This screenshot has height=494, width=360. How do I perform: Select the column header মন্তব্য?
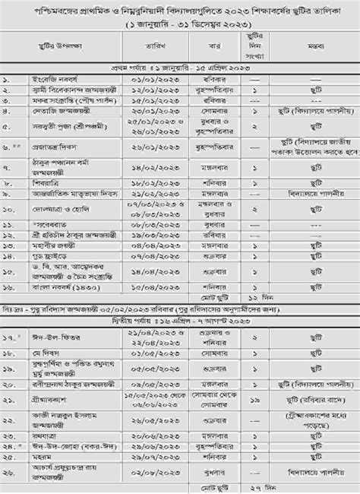(x=317, y=46)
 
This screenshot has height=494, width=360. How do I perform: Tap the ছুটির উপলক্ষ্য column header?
(x=67, y=46)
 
